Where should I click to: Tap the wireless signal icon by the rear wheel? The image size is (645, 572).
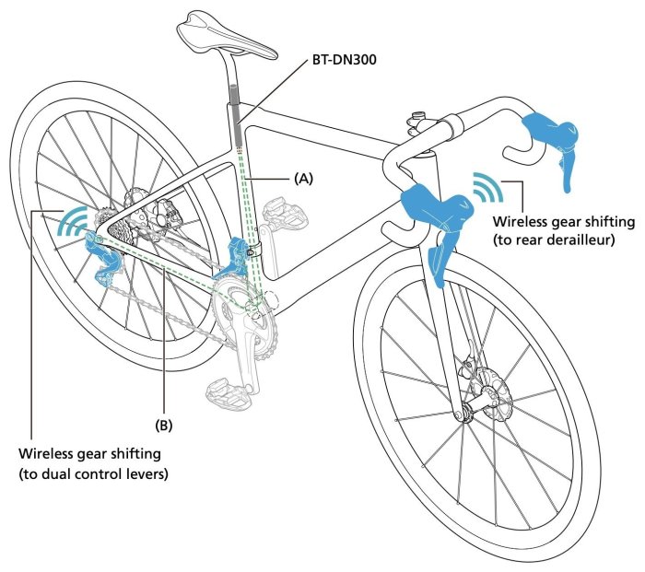pyautogui.click(x=71, y=222)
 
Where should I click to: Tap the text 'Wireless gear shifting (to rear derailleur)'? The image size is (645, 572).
pyautogui.click(x=564, y=230)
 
